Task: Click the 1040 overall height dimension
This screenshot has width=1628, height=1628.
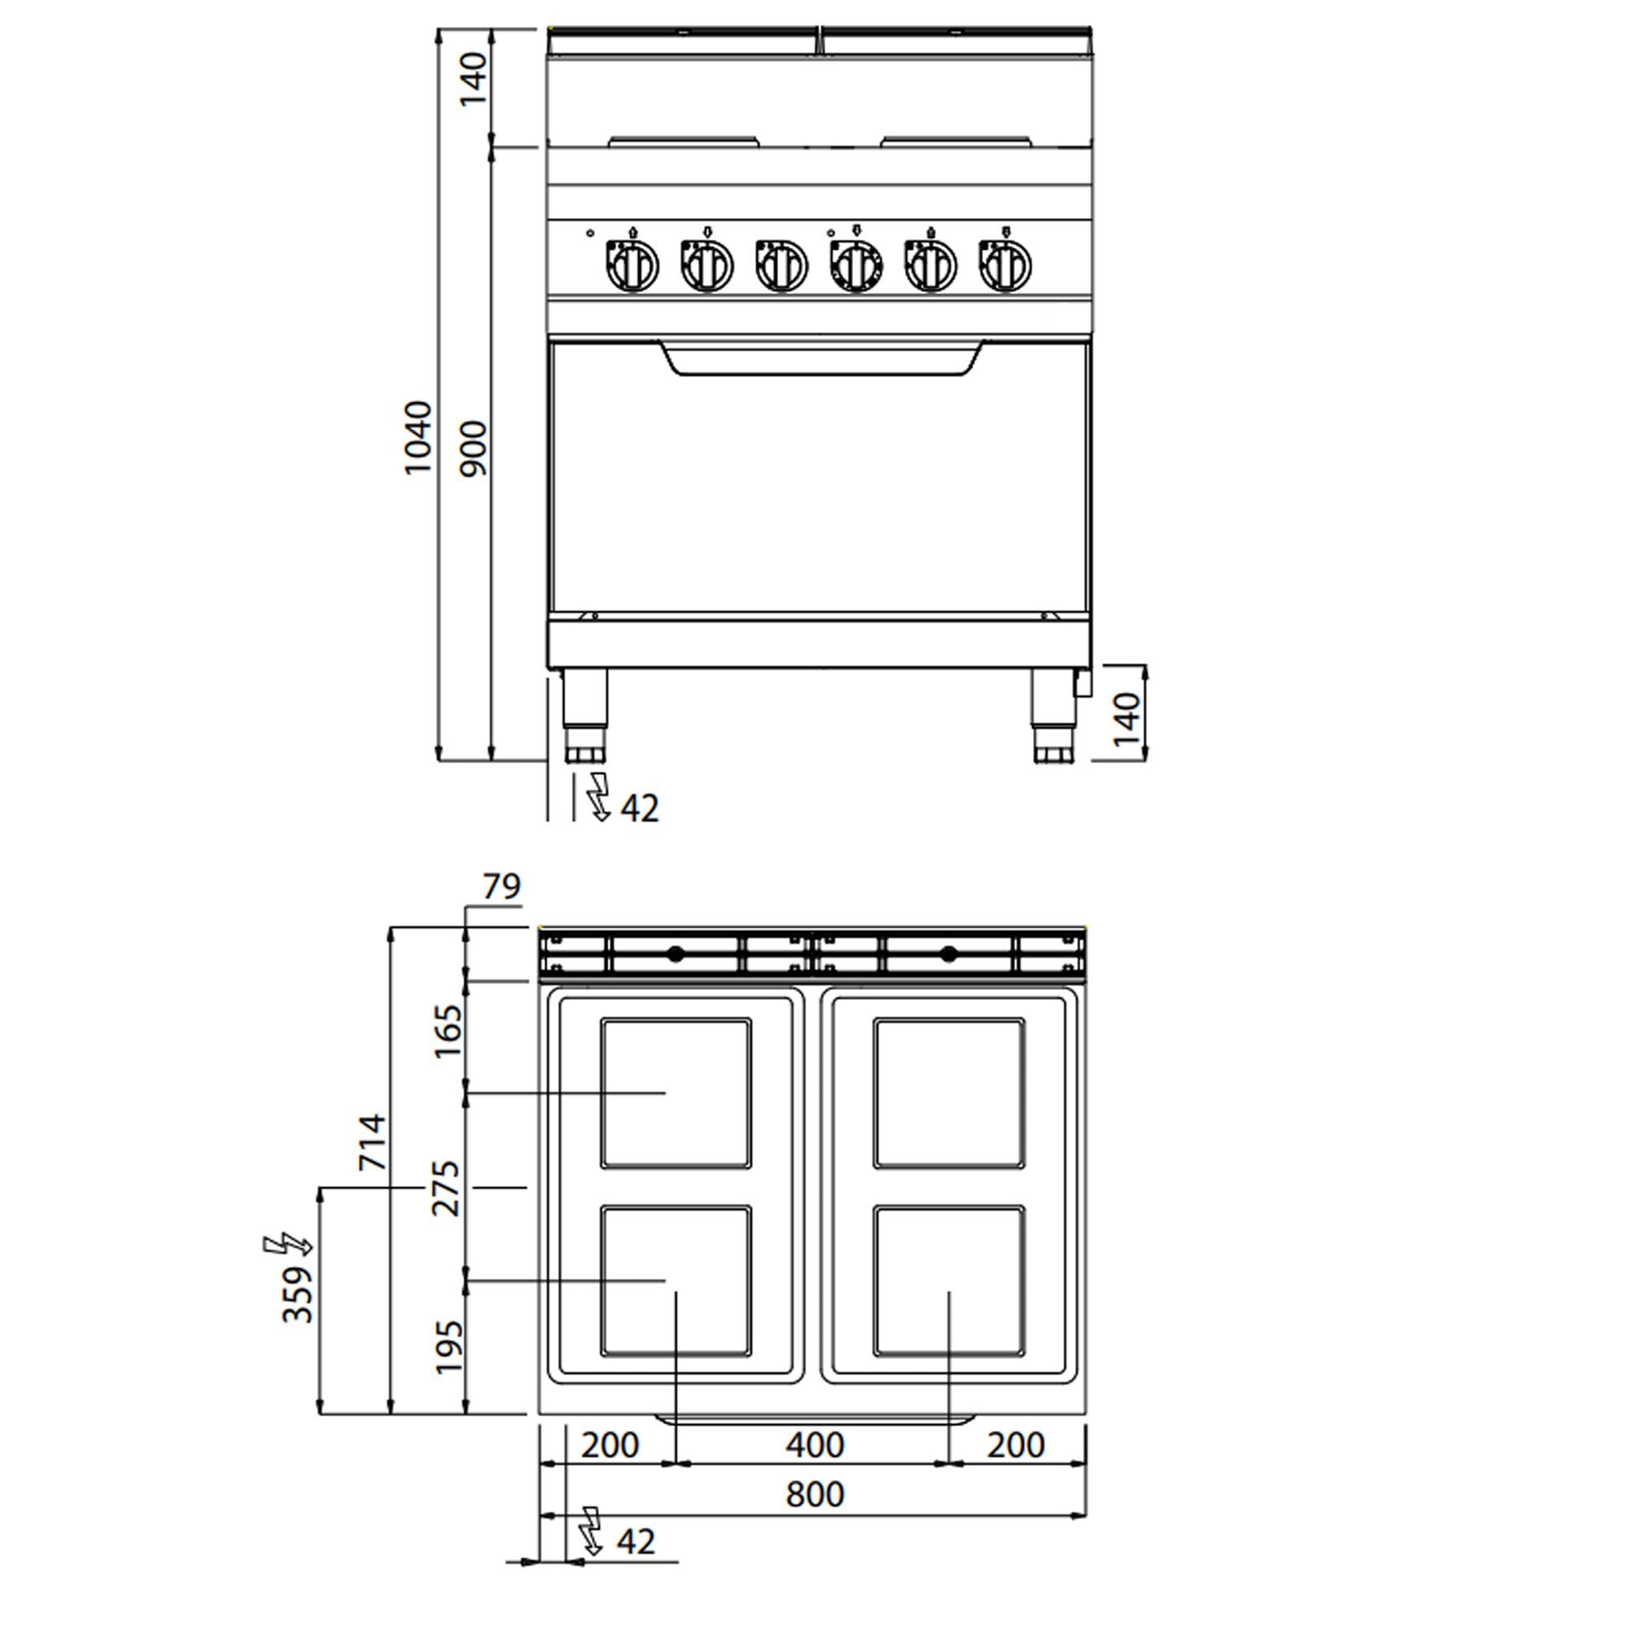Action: (x=418, y=438)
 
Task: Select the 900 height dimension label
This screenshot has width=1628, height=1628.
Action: (x=475, y=449)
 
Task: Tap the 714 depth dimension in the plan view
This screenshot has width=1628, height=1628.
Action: (x=373, y=1142)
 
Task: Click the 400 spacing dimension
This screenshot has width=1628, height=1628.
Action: (x=815, y=1445)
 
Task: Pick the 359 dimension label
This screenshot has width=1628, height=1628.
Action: (x=297, y=1294)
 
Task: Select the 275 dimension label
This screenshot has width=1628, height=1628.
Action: (x=447, y=1188)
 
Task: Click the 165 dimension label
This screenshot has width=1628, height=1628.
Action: (x=448, y=1031)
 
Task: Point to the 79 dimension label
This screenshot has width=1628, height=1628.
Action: (x=501, y=886)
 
